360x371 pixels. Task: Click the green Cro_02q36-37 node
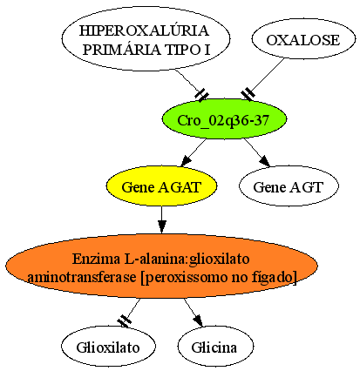224,119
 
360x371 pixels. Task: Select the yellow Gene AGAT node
161,185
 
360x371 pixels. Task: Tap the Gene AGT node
289,185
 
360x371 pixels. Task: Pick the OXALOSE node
303,39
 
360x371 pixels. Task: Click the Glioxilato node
108,346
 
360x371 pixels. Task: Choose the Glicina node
215,346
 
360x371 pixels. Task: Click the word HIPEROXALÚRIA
145,30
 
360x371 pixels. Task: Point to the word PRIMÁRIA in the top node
122,50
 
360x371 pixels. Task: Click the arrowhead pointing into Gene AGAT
187,161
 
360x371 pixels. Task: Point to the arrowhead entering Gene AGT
265,161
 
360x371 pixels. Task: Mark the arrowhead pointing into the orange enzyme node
162,226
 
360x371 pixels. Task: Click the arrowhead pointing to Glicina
198,320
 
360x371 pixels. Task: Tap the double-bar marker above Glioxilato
125,320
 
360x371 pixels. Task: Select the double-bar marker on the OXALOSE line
248,94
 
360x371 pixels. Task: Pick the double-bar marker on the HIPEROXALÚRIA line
201,95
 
